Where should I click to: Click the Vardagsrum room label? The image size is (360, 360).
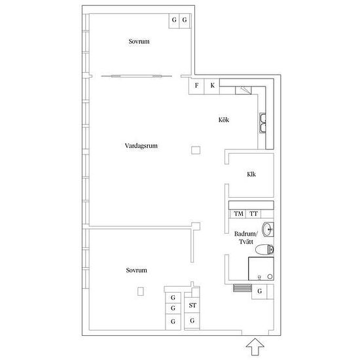[x=141, y=146]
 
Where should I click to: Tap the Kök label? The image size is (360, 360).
[x=224, y=120]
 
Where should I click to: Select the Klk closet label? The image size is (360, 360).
[x=251, y=174]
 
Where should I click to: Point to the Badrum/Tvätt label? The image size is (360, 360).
[x=246, y=238]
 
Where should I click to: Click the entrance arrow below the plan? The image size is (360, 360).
[x=255, y=347]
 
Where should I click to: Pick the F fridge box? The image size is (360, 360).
[x=196, y=86]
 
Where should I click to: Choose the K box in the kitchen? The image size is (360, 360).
[x=212, y=86]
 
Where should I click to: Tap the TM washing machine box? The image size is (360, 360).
[x=238, y=214]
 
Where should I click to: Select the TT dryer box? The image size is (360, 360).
[x=253, y=214]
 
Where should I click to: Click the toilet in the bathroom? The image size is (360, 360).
[x=264, y=249]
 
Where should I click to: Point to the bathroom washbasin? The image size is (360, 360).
[x=268, y=229]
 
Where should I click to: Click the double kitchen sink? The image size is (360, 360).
[x=262, y=123]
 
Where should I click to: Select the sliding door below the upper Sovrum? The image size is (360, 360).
[x=136, y=76]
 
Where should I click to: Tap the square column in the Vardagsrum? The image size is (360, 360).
[x=196, y=151]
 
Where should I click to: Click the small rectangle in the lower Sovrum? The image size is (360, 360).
[x=141, y=291]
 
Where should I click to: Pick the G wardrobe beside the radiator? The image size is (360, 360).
[x=259, y=291]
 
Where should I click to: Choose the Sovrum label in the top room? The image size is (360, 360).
[x=139, y=41]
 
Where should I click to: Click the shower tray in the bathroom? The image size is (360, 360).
[x=261, y=268]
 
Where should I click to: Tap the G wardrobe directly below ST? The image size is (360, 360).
[x=192, y=321]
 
